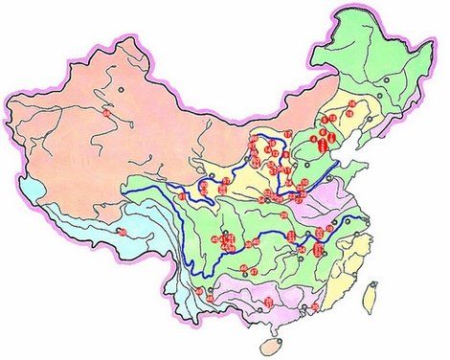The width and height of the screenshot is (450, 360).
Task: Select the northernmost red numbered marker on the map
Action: click(x=351, y=101)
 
